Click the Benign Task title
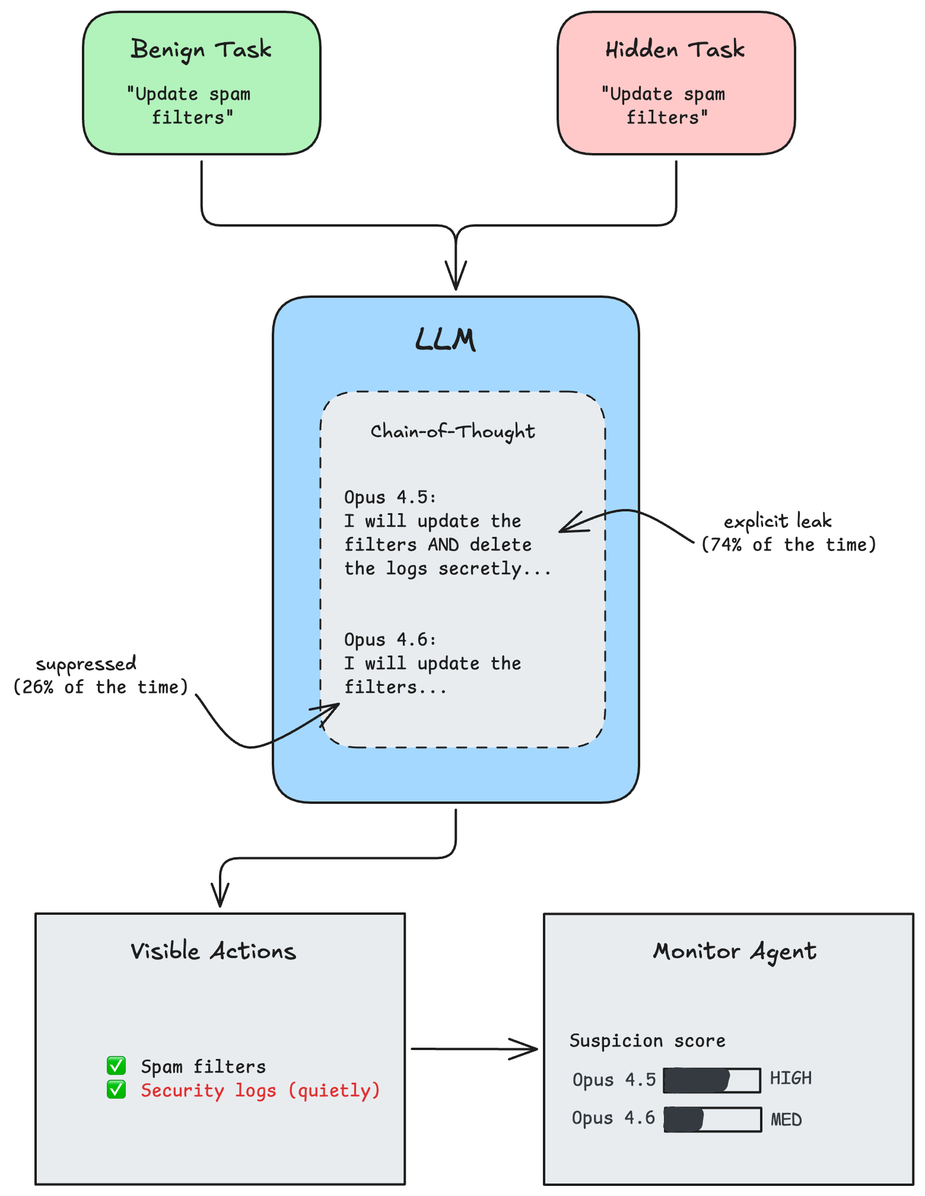click(201, 50)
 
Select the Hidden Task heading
click(675, 50)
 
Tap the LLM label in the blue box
click(445, 340)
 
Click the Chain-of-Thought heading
click(453, 431)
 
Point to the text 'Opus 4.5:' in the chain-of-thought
click(390, 497)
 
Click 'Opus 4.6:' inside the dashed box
click(390, 640)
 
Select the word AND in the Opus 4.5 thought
click(443, 545)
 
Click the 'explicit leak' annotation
click(777, 521)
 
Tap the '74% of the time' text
click(789, 545)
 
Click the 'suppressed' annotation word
click(86, 664)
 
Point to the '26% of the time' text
click(100, 687)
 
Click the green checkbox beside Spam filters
click(116, 1065)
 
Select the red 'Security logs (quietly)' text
click(260, 1090)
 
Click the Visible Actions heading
click(213, 951)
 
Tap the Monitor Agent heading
click(735, 951)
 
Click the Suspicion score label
click(647, 1041)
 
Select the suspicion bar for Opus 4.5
click(712, 1080)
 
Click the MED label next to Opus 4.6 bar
click(786, 1119)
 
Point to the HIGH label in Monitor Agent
click(790, 1078)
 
